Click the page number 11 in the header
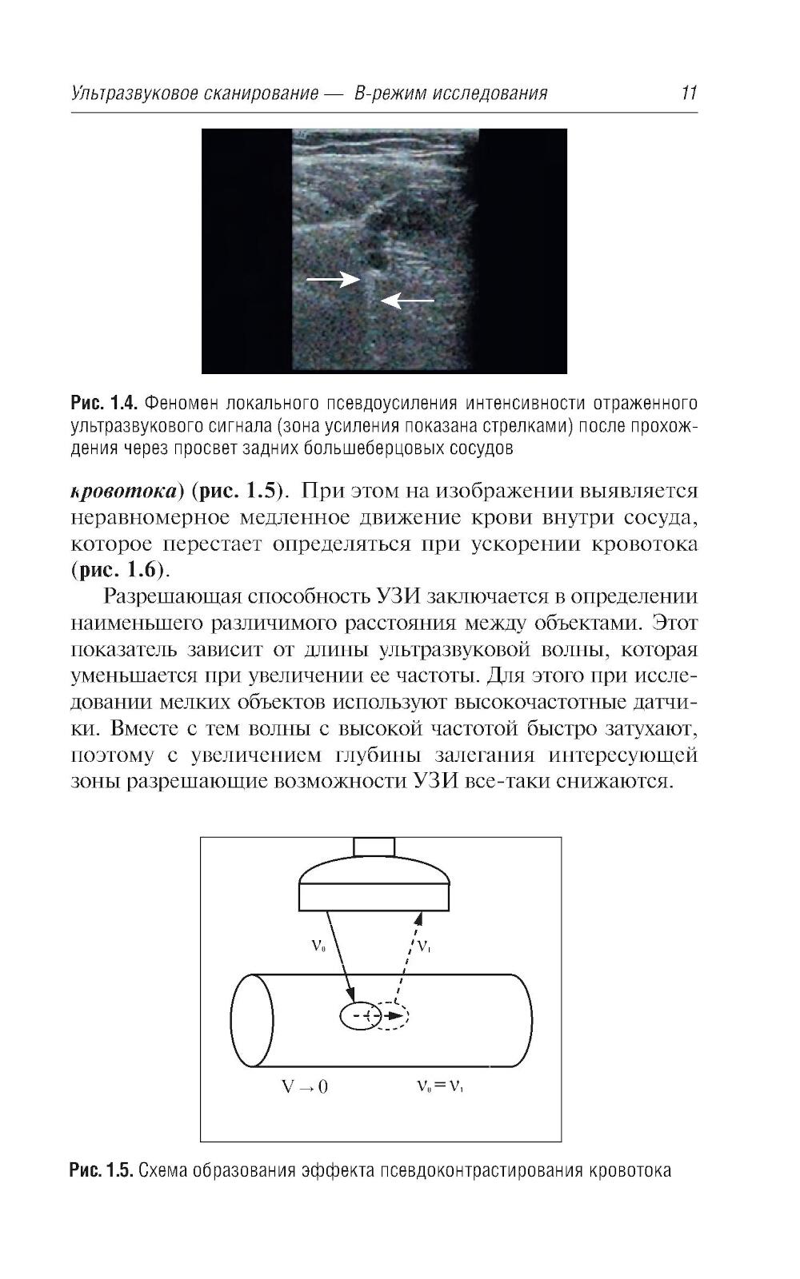689,93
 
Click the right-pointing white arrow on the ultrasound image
334,278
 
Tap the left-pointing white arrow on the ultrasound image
407,301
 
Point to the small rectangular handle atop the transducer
374,846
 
